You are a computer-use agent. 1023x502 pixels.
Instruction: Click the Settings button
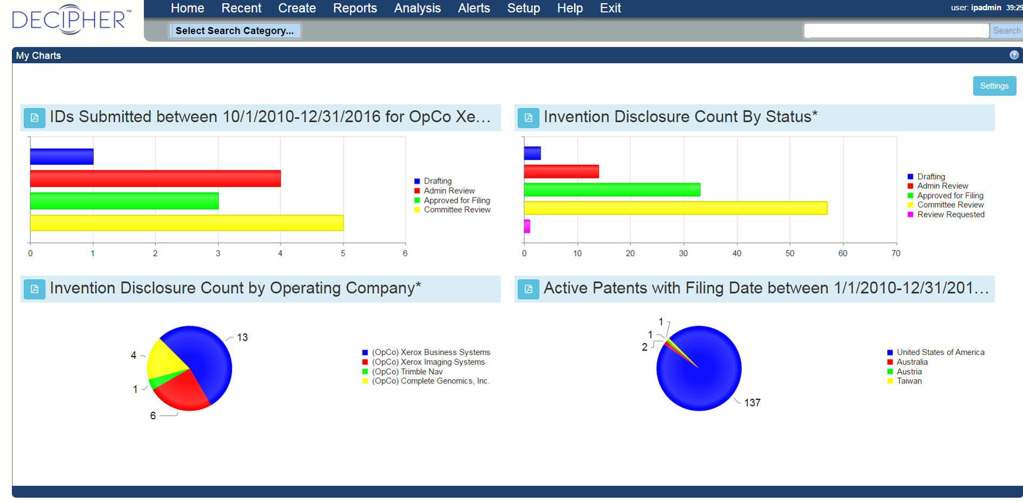coord(994,86)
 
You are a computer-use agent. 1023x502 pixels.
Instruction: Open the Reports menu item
coord(355,8)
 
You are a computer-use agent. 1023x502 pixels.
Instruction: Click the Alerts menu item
coord(474,8)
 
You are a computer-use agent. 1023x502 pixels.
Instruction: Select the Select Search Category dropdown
coord(235,31)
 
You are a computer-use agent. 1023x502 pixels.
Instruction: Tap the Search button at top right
coord(1006,31)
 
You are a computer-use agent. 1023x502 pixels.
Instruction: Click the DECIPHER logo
coord(71,19)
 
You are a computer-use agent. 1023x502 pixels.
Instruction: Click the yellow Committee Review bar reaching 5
coord(187,223)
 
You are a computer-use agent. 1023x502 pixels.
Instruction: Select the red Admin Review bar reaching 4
coord(155,179)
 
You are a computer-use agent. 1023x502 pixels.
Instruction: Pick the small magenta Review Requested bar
coord(527,226)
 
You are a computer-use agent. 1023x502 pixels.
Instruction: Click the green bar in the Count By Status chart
coord(612,190)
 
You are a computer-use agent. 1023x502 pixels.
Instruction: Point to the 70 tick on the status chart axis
coord(895,253)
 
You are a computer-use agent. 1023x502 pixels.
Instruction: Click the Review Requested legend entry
coord(950,215)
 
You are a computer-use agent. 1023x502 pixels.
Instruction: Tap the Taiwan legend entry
coord(909,381)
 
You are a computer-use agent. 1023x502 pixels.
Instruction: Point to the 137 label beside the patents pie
coord(752,402)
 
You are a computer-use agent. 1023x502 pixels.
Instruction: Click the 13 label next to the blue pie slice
coord(242,338)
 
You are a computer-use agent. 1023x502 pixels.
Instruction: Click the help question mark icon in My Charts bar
coord(1014,55)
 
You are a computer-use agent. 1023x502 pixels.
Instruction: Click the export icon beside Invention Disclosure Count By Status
coord(528,118)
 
